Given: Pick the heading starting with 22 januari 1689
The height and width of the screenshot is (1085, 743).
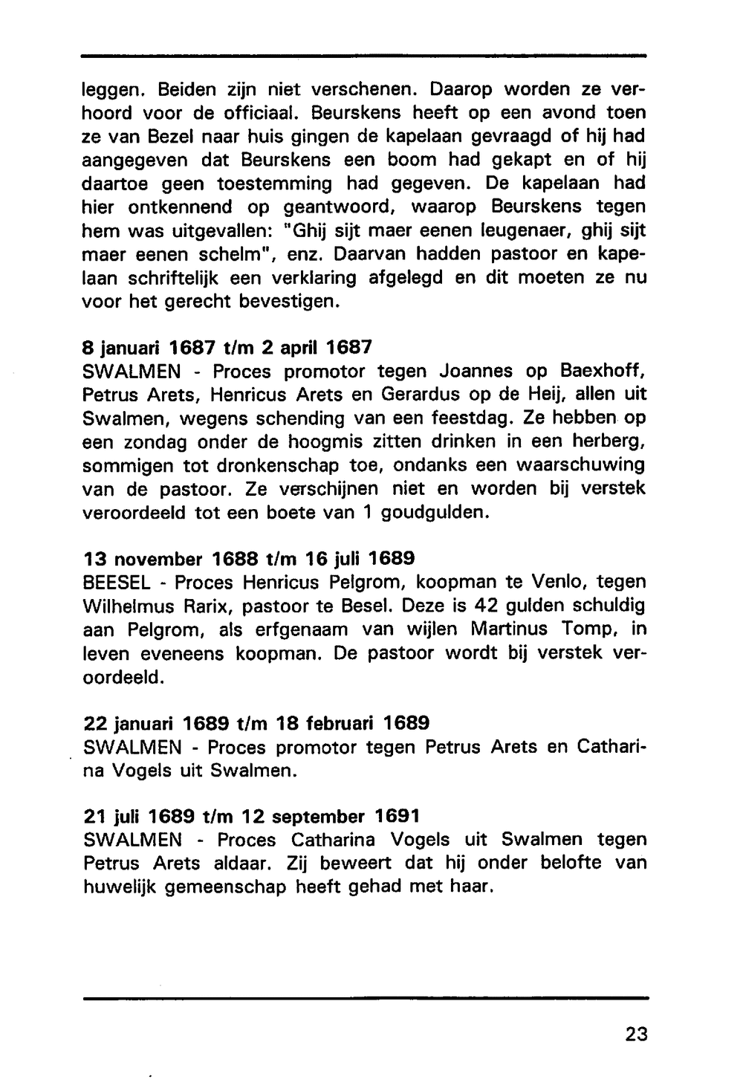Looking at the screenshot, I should click(x=256, y=722).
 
